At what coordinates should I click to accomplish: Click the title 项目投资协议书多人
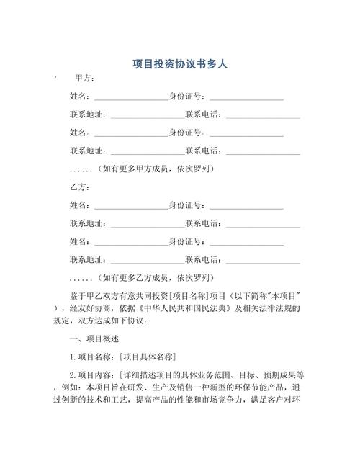180,63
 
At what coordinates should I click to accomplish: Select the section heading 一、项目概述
94,338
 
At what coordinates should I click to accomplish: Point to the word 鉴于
78,295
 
